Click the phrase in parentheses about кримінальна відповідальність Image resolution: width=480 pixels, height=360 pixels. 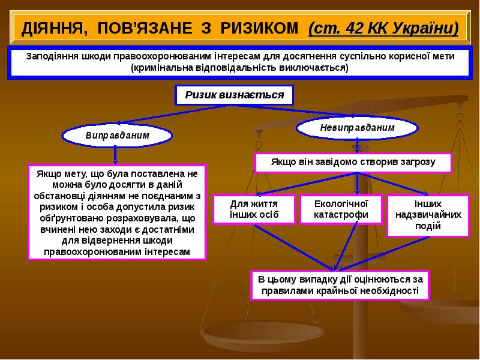(x=239, y=68)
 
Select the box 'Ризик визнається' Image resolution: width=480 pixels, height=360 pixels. (x=234, y=95)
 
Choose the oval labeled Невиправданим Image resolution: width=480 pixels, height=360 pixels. (x=357, y=128)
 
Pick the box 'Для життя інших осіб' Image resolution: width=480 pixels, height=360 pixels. (x=254, y=209)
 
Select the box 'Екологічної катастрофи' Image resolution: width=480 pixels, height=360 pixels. (x=341, y=209)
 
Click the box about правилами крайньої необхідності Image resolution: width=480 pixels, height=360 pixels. (x=340, y=285)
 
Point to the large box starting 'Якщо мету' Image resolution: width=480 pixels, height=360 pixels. (x=117, y=212)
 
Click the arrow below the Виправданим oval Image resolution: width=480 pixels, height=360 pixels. (x=115, y=155)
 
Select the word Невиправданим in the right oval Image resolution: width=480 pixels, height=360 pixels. (x=357, y=128)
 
